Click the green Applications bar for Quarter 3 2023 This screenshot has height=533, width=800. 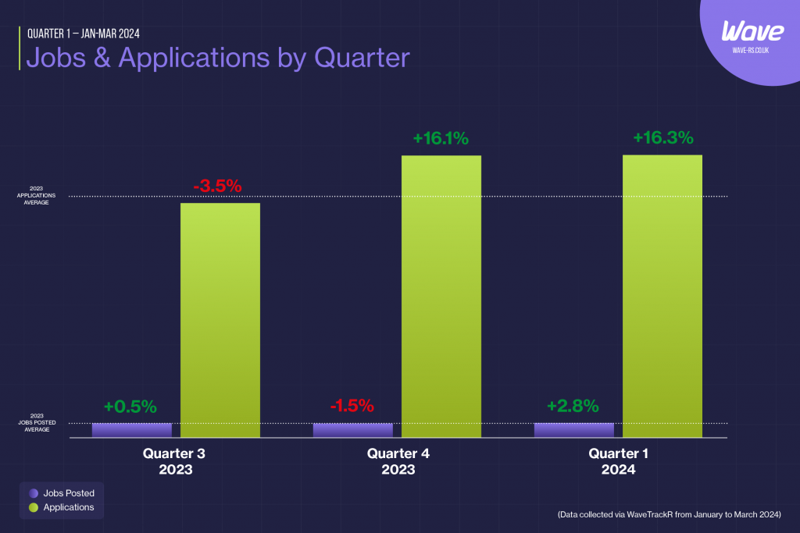click(220, 320)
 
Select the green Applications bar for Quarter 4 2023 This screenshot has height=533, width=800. click(441, 297)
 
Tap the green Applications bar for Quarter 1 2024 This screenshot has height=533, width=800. click(662, 297)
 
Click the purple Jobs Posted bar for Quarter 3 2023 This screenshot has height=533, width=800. click(131, 430)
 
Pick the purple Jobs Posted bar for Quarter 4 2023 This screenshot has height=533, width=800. click(352, 430)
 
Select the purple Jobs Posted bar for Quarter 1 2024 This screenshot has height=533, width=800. click(573, 430)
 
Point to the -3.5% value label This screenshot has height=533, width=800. click(218, 187)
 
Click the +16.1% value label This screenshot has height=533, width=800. click(441, 139)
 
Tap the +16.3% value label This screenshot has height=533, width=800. click(662, 138)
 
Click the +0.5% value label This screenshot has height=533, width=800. click(130, 407)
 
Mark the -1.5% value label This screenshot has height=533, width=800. click(352, 407)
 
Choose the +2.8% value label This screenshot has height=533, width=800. click(573, 407)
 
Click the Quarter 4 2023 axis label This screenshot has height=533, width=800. click(398, 462)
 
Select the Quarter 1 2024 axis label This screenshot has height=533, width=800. click(619, 462)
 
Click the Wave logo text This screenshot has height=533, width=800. click(752, 32)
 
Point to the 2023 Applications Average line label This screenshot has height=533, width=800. click(37, 195)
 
